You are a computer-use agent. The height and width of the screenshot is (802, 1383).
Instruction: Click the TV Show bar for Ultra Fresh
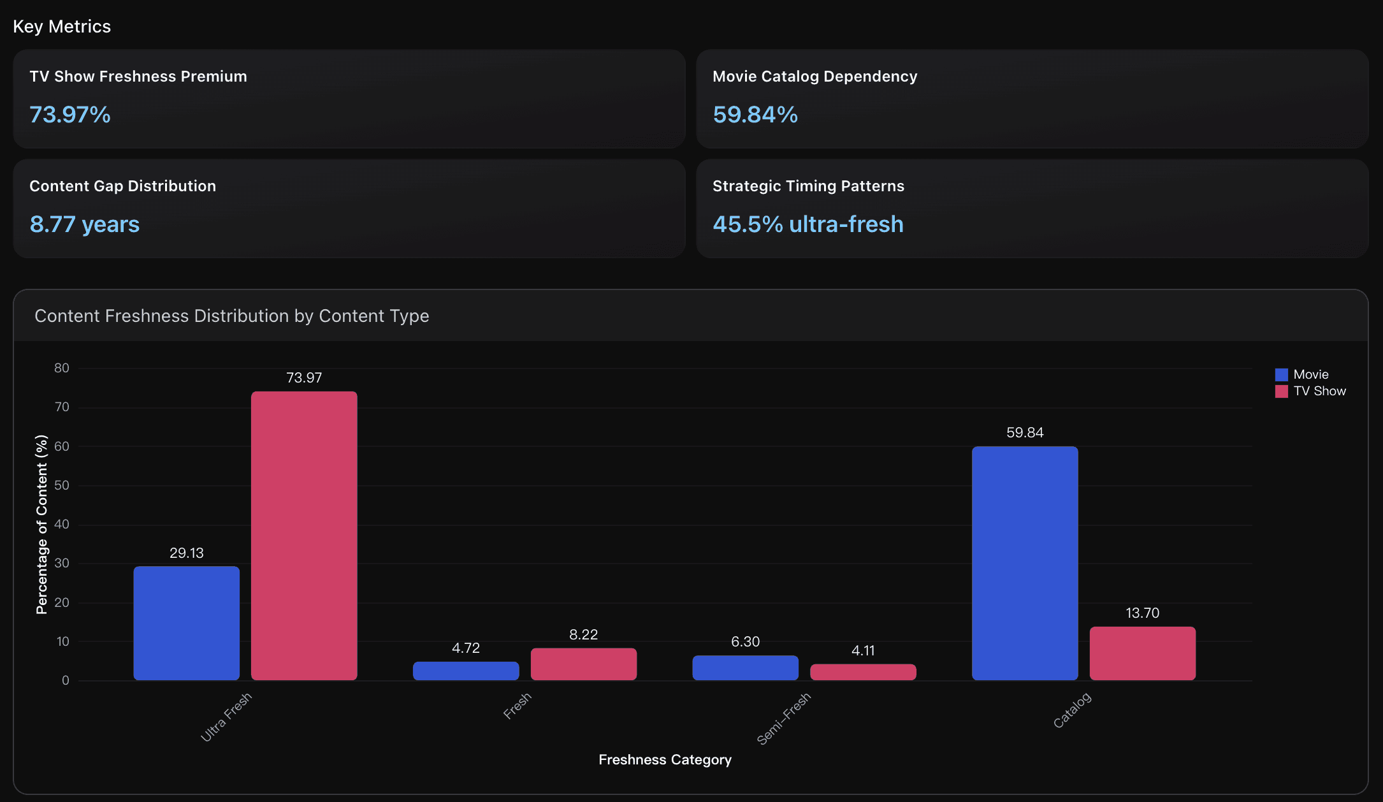tap(304, 536)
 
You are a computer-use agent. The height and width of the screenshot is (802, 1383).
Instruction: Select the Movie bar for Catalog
tap(1025, 563)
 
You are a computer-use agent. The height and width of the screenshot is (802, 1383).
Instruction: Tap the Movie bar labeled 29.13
tap(187, 623)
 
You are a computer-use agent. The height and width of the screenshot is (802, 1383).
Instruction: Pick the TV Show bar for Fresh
tap(583, 664)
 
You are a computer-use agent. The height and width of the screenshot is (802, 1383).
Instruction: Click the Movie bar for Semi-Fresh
tap(745, 667)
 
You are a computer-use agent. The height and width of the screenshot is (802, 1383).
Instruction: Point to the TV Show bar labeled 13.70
tap(1142, 653)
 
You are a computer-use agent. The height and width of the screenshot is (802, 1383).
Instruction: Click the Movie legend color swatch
tap(1281, 375)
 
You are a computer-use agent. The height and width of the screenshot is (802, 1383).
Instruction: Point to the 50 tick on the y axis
tap(62, 485)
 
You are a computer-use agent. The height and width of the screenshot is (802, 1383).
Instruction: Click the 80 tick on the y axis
tap(62, 368)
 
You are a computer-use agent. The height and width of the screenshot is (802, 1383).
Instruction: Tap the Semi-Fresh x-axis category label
tap(783, 718)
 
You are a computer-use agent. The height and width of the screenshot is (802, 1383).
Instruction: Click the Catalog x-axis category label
tap(1072, 710)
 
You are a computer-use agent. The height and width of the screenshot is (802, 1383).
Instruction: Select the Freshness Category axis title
tap(665, 760)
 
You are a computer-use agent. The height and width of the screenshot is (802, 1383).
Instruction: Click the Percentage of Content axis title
tap(42, 524)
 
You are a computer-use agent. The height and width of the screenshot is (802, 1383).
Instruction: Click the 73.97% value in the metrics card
tap(70, 115)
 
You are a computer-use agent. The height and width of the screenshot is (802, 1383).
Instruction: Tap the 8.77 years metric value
tap(85, 224)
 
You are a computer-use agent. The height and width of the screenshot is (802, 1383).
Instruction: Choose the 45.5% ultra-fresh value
tap(807, 224)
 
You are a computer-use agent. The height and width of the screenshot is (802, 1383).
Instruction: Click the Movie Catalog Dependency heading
tap(815, 77)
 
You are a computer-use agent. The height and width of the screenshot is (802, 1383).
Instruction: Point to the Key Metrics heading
tap(62, 27)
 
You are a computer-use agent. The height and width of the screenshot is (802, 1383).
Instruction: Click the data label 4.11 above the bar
tap(863, 651)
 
